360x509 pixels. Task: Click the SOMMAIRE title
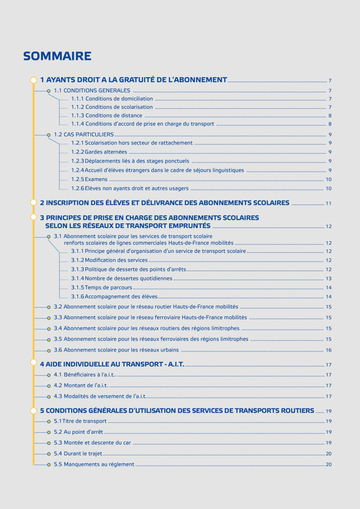(57, 56)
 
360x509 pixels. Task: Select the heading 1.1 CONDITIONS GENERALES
(92, 90)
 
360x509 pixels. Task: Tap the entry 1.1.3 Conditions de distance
(107, 115)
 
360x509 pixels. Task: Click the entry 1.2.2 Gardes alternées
(99, 152)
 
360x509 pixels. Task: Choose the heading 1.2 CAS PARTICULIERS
(84, 134)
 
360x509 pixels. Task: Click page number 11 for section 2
(329, 204)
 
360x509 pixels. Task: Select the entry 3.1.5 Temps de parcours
(101, 288)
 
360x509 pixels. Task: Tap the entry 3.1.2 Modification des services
(109, 260)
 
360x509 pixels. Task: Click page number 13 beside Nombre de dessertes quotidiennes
(329, 279)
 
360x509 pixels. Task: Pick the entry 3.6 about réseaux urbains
(116, 350)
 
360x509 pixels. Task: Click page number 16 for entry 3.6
(329, 350)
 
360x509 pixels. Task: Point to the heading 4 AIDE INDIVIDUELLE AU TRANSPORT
(112, 364)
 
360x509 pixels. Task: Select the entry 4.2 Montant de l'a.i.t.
(81, 386)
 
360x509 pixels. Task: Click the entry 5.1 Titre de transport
(80, 421)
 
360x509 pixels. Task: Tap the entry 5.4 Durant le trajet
(78, 453)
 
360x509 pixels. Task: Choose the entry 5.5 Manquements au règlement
(94, 464)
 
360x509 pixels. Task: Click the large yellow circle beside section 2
(34, 202)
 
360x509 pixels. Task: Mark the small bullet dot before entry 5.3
(49, 443)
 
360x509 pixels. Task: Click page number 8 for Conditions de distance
(330, 116)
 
